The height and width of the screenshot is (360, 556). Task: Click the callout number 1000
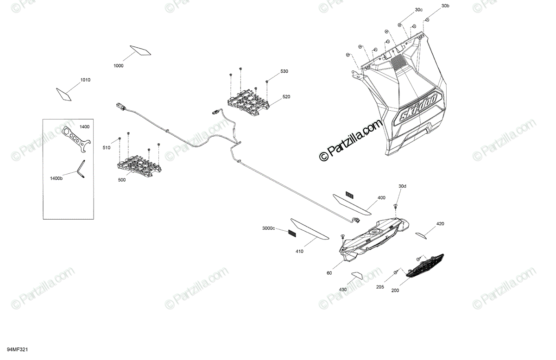tap(119, 66)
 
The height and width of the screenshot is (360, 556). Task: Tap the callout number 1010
tap(85, 80)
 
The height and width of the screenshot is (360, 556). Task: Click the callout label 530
tap(284, 71)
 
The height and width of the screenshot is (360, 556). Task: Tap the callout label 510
tap(107, 148)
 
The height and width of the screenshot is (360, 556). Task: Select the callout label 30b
tap(445, 6)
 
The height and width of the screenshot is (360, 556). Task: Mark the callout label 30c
tap(419, 10)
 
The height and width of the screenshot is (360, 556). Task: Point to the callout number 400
tap(381, 198)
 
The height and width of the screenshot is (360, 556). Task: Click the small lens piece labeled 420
tap(420, 235)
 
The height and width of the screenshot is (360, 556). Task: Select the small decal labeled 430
tap(356, 276)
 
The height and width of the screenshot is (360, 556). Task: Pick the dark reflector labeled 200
tap(425, 265)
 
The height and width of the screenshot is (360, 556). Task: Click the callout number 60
tap(329, 273)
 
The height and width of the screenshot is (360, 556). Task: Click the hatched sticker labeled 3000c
tap(291, 233)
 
